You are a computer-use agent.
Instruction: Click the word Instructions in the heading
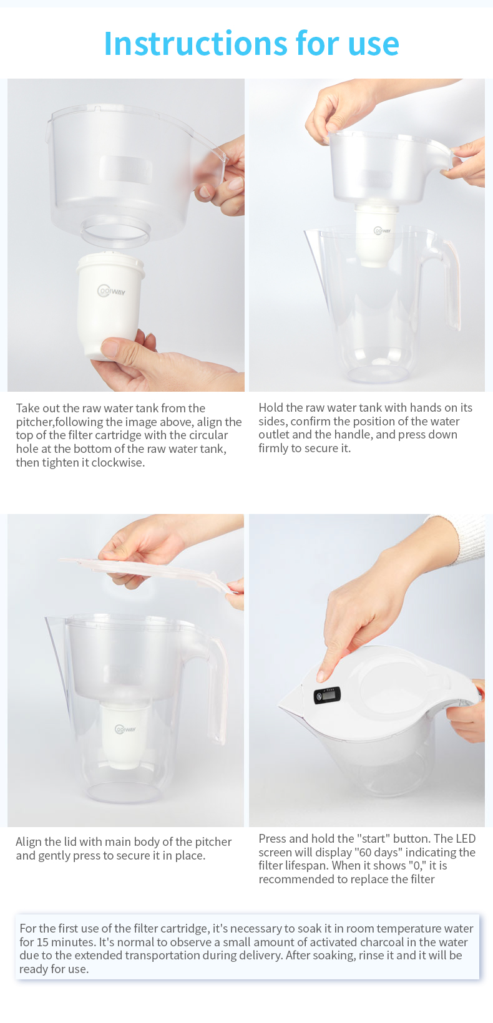point(195,44)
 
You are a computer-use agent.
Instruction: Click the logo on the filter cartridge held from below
point(111,291)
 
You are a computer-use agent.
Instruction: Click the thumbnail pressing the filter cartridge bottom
point(110,349)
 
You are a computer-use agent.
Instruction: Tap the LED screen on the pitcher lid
point(327,695)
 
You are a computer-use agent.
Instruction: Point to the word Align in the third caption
point(29,841)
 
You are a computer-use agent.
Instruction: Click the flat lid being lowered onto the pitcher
point(149,574)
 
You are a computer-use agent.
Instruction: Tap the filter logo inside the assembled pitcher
point(125,729)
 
